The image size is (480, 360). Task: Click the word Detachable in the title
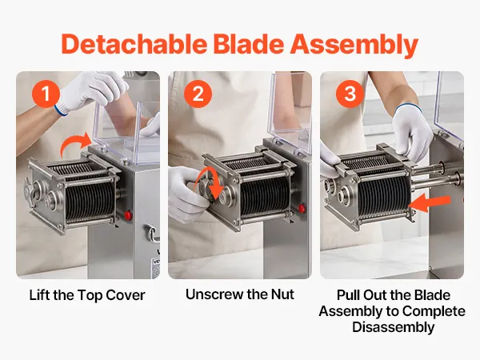point(134,44)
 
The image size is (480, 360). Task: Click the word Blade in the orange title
point(248,44)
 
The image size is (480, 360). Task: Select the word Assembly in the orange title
point(354,46)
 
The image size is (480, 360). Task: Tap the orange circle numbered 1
point(46,94)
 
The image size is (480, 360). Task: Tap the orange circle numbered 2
point(198,94)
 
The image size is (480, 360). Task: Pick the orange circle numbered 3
point(350,94)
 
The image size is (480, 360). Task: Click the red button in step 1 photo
point(128,215)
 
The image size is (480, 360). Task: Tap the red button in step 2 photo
point(302,208)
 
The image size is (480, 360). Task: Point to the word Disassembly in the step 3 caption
point(393,327)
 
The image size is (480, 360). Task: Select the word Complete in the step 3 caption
point(434,311)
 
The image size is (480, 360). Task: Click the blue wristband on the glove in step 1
point(61,110)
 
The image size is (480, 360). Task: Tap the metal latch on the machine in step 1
point(151,234)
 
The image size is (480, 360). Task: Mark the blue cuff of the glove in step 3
point(407,107)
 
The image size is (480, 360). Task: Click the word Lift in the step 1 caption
point(39,295)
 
